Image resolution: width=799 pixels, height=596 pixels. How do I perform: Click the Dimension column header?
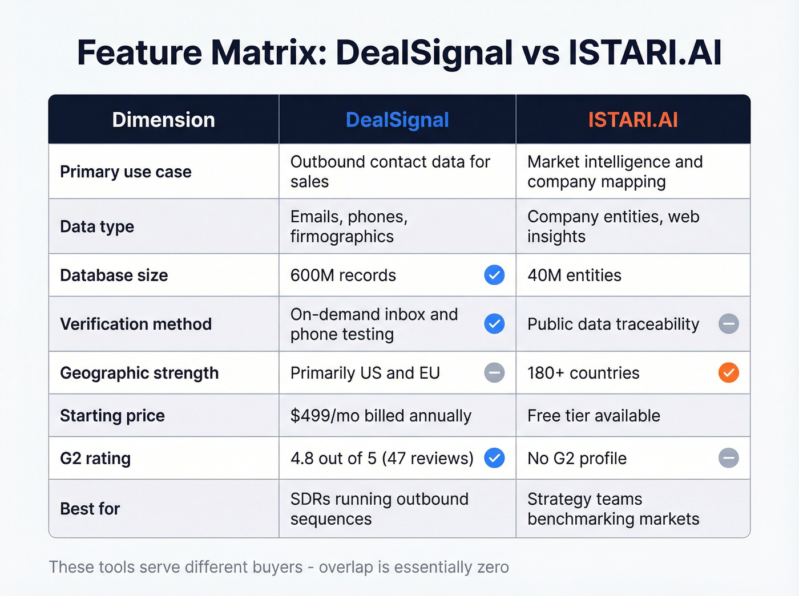(163, 120)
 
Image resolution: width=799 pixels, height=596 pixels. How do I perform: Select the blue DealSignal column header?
(397, 120)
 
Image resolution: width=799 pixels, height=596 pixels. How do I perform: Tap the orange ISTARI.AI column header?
(633, 120)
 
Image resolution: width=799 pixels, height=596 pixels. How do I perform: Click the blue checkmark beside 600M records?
(494, 275)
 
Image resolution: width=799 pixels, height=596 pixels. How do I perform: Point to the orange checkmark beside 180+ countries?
(728, 372)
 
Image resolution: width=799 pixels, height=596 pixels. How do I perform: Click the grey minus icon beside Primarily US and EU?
(494, 372)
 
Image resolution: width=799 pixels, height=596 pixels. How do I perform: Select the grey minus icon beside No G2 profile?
(728, 458)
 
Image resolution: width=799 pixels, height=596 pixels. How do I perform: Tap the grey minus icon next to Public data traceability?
(728, 324)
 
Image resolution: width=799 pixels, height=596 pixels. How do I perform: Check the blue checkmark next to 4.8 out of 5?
(494, 458)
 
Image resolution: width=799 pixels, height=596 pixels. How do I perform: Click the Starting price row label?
(112, 416)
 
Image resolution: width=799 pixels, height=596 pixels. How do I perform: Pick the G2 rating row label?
(95, 459)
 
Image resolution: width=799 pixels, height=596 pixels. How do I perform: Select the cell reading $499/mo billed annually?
(381, 416)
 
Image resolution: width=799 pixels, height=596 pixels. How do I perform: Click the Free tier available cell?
(594, 416)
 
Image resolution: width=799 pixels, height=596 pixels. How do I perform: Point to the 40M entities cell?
(574, 275)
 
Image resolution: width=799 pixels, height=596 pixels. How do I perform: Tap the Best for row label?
(90, 509)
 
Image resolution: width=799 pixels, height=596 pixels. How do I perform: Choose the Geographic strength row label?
(139, 373)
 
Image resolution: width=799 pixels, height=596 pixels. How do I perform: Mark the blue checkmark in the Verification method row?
(494, 324)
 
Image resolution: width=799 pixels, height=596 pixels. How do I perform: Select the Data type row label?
(97, 227)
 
